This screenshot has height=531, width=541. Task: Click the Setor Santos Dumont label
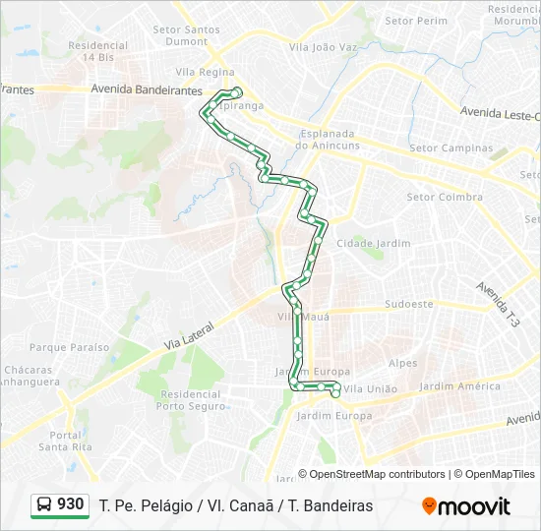pos(187,35)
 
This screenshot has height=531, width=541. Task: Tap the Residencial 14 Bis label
pos(98,51)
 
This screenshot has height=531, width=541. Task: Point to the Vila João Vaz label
pos(323,46)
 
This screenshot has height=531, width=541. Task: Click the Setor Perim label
pos(416,21)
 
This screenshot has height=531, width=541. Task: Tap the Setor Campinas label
pos(451,148)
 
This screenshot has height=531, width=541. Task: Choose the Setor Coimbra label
pos(445,197)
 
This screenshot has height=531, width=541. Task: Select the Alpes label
pos(403,363)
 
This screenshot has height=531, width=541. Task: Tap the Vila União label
pos(371,389)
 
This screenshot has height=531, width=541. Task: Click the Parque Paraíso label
pos(69,347)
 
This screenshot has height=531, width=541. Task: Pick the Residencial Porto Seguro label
pos(189,399)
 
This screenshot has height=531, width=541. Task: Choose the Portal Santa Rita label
pos(66,441)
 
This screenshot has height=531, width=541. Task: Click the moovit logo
pos(466,505)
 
